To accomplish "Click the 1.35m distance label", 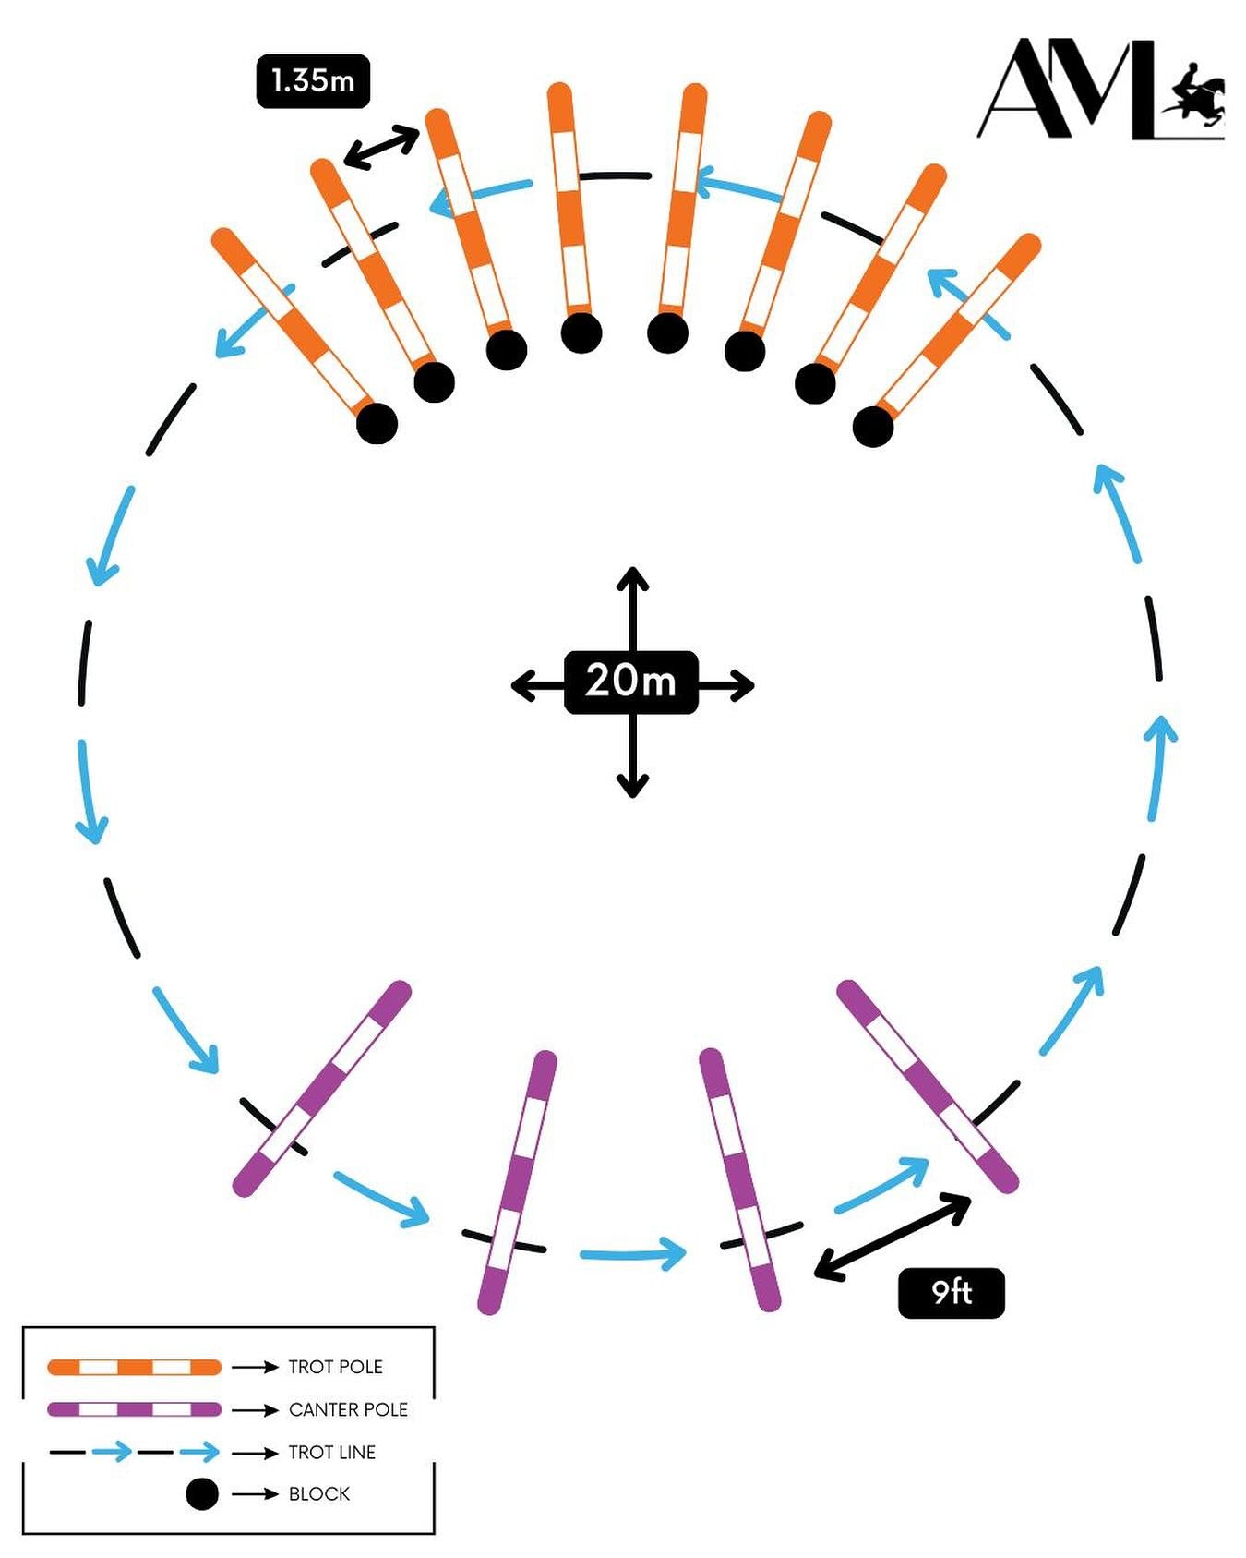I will click(313, 81).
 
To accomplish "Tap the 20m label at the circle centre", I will click(630, 682).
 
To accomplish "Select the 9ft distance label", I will click(951, 1292).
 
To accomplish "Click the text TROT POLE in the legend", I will click(335, 1367).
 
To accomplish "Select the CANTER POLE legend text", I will click(348, 1409).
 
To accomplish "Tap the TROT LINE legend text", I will click(331, 1452).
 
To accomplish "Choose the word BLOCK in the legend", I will click(318, 1493).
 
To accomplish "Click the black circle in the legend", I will click(202, 1493).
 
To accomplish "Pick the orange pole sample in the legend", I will click(134, 1367).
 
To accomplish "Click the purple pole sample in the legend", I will click(134, 1409).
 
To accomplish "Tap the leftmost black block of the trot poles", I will click(377, 424).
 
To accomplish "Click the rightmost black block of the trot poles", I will click(872, 427).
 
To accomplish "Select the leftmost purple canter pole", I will click(321, 1088).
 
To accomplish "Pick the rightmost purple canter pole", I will click(927, 1086).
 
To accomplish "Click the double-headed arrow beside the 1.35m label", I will click(381, 148).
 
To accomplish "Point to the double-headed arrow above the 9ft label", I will click(892, 1236).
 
